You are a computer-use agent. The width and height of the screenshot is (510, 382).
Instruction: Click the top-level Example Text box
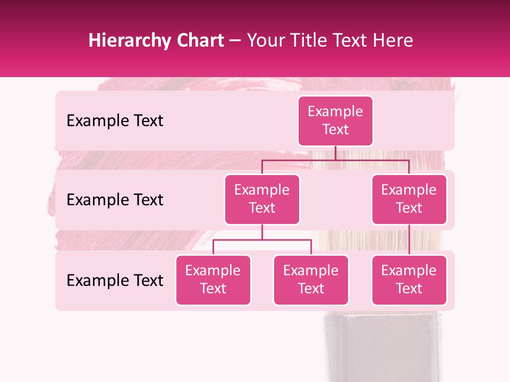point(335,121)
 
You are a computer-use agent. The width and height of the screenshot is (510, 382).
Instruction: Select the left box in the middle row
point(262,199)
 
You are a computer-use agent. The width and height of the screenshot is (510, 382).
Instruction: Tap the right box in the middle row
point(409,199)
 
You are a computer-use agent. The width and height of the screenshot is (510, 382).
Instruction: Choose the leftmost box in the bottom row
point(213,280)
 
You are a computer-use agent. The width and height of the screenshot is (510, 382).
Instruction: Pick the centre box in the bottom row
point(311,280)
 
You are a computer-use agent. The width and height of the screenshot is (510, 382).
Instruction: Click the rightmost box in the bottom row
point(409,280)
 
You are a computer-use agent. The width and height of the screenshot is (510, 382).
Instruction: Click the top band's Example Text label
point(115,121)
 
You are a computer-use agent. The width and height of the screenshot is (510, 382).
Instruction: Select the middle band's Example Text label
point(115,200)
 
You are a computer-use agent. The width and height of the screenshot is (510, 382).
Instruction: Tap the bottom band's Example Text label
point(115,280)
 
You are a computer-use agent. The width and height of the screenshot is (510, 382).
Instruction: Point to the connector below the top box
point(335,153)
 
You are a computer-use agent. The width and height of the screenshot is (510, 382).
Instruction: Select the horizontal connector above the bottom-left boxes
point(262,240)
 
